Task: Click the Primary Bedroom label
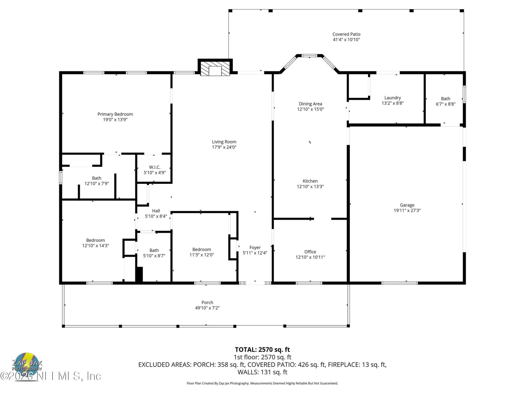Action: [x=115, y=114]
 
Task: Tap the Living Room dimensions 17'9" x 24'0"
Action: [x=224, y=147]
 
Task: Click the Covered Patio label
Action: [x=346, y=34]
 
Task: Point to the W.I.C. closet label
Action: [x=154, y=167]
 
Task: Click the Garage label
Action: [x=407, y=205]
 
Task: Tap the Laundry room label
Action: [x=392, y=98]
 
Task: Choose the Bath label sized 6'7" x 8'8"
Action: [x=445, y=99]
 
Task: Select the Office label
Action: [x=310, y=252]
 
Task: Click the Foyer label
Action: [x=255, y=247]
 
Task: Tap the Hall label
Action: [x=156, y=211]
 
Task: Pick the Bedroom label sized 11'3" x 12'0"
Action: [x=202, y=249]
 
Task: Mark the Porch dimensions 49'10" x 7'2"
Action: [x=207, y=308]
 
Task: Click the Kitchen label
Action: [x=310, y=181]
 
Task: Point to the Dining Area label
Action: [x=310, y=104]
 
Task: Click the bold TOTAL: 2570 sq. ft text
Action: [x=262, y=349]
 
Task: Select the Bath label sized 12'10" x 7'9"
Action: [x=97, y=178]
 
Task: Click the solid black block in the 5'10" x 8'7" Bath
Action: [x=139, y=274]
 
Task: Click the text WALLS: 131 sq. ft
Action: [x=262, y=372]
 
